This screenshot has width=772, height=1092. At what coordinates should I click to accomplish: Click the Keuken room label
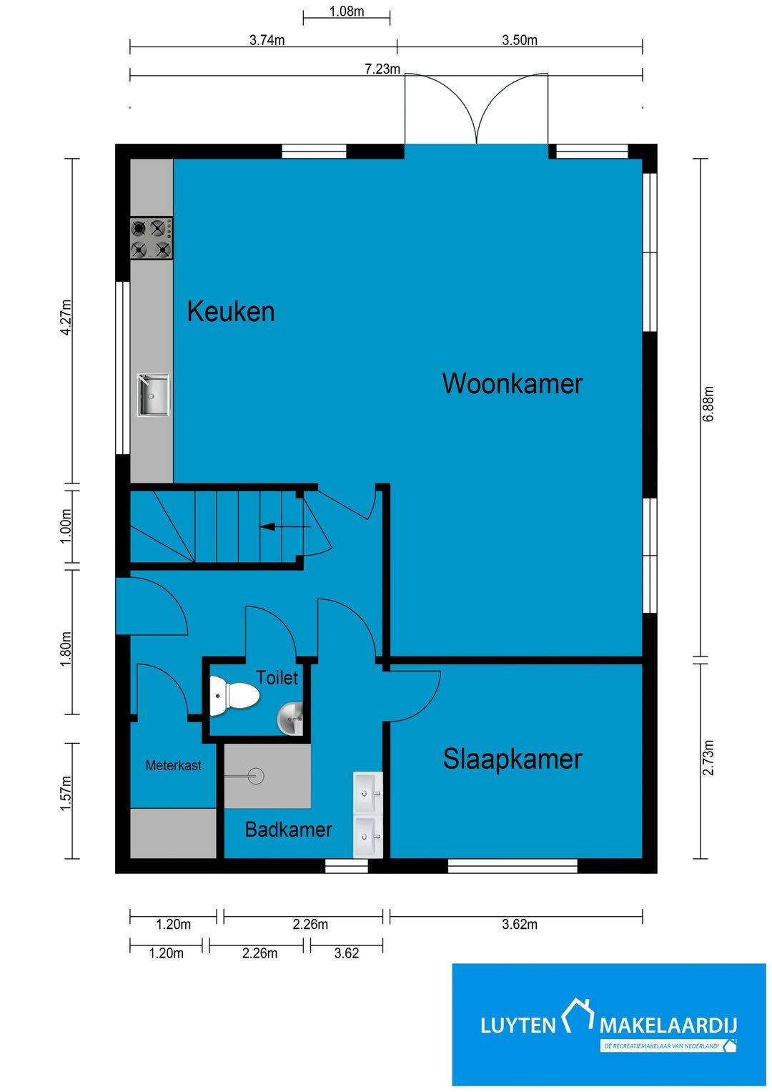coord(230,312)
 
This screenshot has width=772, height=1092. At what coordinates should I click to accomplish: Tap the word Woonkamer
coord(513,383)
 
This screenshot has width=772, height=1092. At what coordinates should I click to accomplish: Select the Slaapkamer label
coord(513,759)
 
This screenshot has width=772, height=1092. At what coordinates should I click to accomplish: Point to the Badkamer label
coord(289,830)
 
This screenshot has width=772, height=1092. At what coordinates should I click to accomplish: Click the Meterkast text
coord(174,765)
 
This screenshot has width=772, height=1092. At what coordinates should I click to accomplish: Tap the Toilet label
coord(277,677)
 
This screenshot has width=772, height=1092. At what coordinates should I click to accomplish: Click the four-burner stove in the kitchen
coord(151,238)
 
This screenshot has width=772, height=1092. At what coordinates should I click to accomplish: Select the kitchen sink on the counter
coord(153,395)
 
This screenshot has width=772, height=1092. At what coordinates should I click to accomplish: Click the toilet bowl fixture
coord(234,696)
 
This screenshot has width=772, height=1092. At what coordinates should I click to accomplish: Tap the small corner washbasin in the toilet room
coord(290,719)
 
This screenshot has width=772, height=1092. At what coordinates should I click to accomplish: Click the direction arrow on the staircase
coord(284,526)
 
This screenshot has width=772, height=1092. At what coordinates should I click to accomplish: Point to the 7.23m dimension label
coord(382,69)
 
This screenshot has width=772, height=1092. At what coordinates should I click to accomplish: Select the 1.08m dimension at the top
coord(347,11)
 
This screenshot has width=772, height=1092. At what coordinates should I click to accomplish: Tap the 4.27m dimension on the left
coord(66,317)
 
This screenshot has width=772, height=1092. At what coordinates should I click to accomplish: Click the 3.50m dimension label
coord(520,40)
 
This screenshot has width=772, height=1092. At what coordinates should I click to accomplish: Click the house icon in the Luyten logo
coord(578,1015)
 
